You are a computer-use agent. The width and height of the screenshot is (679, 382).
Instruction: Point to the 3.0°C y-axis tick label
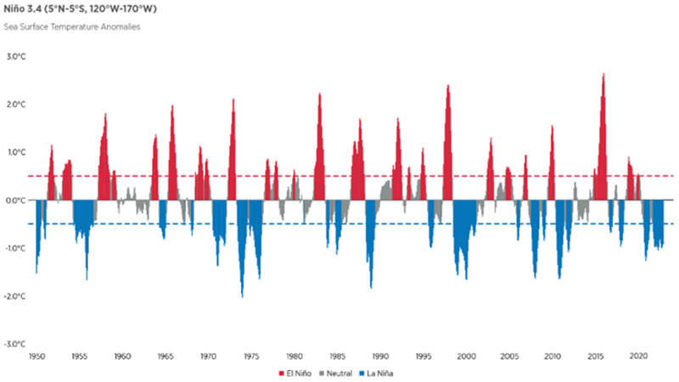17,57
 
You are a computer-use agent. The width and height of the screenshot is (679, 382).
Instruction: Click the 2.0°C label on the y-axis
17,104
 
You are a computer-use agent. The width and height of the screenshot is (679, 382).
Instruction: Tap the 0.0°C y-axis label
17,200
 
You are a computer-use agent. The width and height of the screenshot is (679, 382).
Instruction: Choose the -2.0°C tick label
16,296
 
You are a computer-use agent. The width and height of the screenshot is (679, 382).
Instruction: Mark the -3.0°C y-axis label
16,344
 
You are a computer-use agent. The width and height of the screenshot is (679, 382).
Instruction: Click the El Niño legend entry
294,373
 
